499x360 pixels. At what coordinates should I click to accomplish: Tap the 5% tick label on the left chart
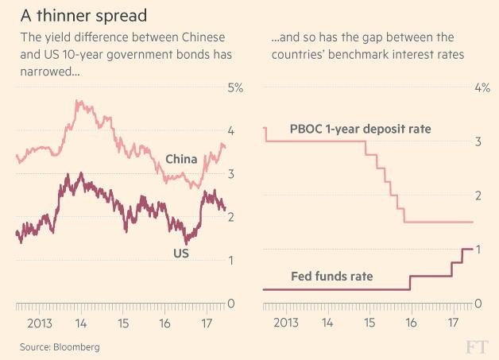pyautogui.click(x=235, y=87)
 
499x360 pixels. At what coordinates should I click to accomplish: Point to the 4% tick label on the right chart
pyautogui.click(x=482, y=87)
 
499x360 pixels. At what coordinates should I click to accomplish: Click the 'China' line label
pyautogui.click(x=181, y=160)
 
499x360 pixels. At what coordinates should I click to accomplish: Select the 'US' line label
pyautogui.click(x=180, y=253)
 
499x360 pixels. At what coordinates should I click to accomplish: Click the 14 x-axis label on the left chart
pyautogui.click(x=81, y=323)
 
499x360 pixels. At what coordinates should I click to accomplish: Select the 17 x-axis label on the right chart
pyautogui.click(x=452, y=323)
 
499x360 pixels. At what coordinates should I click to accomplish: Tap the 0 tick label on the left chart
pyautogui.click(x=231, y=304)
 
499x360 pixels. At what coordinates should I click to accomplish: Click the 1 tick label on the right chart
pyautogui.click(x=478, y=250)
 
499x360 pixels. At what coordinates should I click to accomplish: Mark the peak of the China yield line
pyautogui.click(x=77, y=101)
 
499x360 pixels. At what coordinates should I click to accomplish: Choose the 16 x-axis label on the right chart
pyautogui.click(x=411, y=323)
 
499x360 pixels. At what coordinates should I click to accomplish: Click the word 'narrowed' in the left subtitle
pyautogui.click(x=40, y=72)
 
